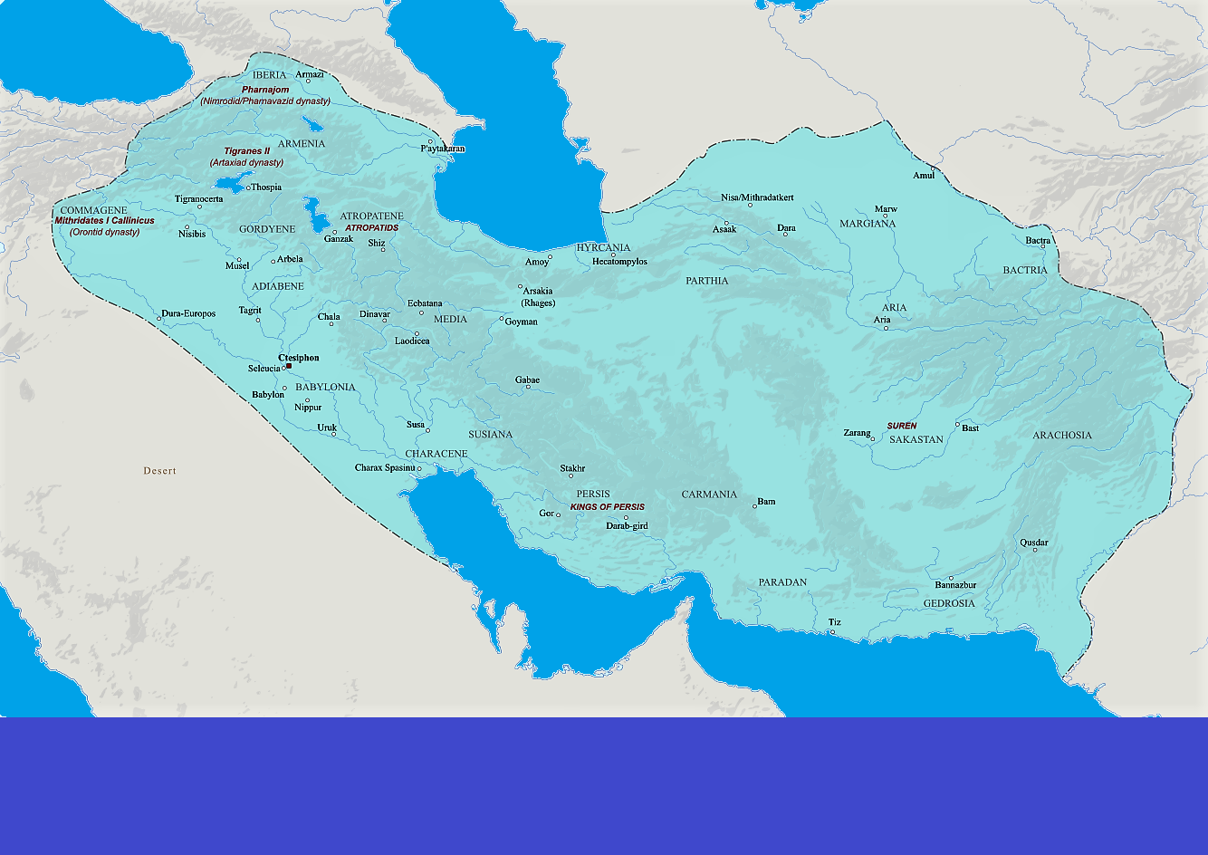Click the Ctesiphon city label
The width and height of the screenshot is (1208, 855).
(299, 358)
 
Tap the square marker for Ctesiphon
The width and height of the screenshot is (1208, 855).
(289, 366)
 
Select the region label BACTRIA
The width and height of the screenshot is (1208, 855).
(1024, 270)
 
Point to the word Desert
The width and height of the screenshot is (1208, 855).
(159, 471)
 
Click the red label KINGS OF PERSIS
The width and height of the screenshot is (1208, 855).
(607, 507)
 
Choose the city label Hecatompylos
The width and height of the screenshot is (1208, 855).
(619, 262)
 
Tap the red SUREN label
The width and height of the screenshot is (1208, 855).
(901, 426)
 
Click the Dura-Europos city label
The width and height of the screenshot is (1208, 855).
(189, 314)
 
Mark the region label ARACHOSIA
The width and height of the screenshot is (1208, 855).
(1062, 436)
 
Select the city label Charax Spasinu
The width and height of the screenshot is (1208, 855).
(385, 468)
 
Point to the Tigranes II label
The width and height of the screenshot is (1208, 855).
(247, 151)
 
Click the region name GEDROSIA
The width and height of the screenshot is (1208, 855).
(949, 603)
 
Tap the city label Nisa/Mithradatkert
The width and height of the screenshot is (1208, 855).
(757, 197)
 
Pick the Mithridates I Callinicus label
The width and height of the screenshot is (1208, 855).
(104, 220)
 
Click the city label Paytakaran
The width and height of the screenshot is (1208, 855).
(443, 149)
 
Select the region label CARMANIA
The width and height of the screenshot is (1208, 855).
(709, 495)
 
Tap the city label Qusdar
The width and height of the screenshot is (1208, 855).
(1034, 543)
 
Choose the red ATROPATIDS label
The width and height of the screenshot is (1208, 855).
(371, 228)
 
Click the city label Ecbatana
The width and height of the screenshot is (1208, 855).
(425, 303)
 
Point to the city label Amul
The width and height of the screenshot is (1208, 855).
(923, 176)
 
